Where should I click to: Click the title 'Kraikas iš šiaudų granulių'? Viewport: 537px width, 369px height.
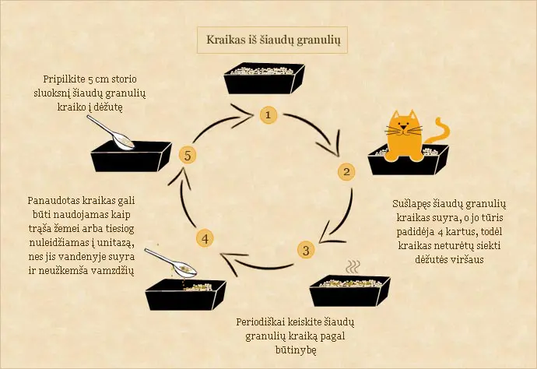269,39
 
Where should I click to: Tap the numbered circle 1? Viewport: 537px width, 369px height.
268,114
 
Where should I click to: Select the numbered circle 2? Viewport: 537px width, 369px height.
346,171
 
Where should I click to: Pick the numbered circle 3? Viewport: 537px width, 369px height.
306,250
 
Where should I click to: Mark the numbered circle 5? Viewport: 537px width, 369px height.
187,154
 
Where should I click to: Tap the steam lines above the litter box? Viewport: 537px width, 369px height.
354,267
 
